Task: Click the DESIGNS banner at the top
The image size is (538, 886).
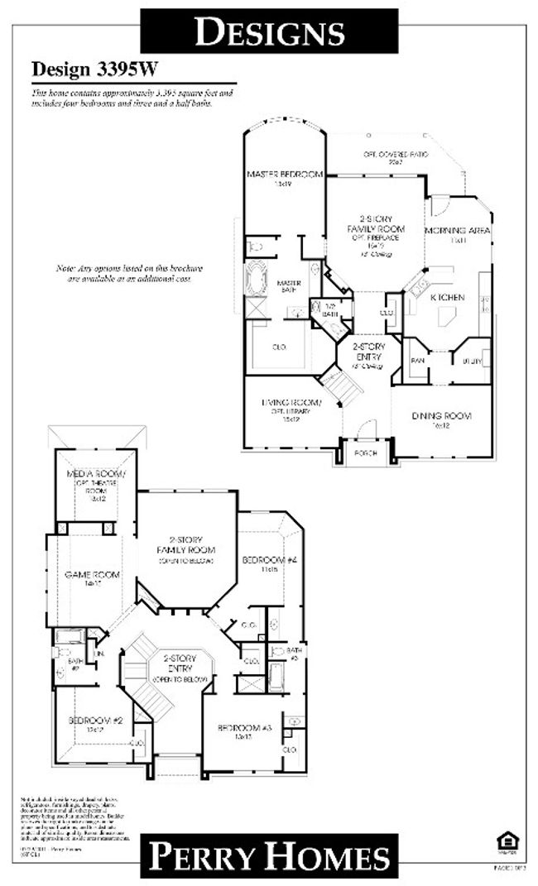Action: click(269, 31)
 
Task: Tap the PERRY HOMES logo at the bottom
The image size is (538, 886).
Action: click(269, 856)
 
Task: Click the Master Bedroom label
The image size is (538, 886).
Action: click(284, 175)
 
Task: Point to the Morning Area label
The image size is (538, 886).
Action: click(458, 230)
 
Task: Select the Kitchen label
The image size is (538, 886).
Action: click(446, 297)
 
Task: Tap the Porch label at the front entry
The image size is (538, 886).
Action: click(365, 453)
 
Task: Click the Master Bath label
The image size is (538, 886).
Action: click(288, 286)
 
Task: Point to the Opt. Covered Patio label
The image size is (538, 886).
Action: click(395, 155)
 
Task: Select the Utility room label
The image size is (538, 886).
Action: click(472, 362)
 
